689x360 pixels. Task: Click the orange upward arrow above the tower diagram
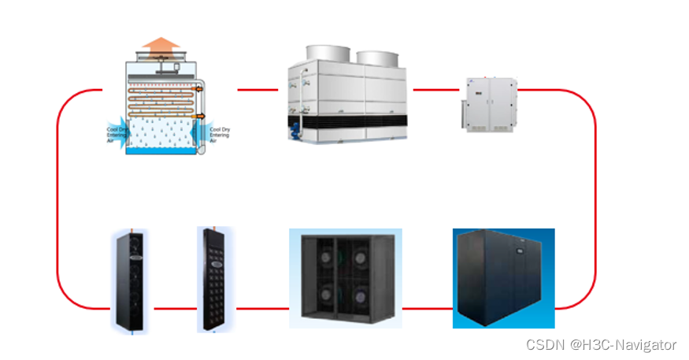point(164,43)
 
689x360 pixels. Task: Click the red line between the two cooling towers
point(257,90)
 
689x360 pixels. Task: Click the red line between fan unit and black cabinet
point(427,309)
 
